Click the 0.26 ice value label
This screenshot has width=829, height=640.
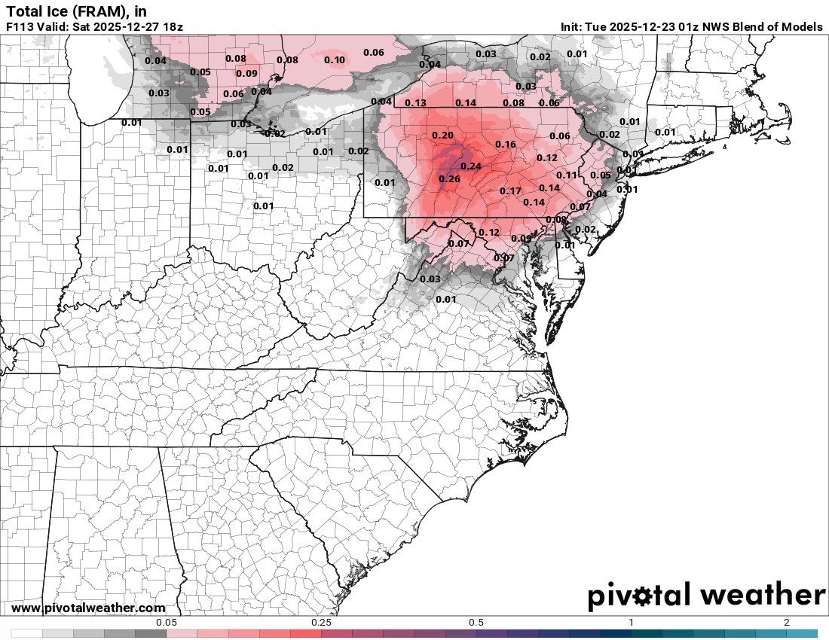coord(449,178)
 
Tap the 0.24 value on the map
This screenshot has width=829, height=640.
coord(470,166)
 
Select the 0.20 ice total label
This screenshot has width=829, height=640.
coord(443,135)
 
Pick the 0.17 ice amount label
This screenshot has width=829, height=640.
coord(511,190)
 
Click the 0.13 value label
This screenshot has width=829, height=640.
coord(416,103)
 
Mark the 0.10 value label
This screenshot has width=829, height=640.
coord(335,60)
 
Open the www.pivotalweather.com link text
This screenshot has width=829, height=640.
coord(88,608)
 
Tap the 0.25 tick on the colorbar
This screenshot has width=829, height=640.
coord(322,622)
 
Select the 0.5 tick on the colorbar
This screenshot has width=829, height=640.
coord(476,622)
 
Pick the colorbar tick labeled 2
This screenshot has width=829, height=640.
coord(786,622)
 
